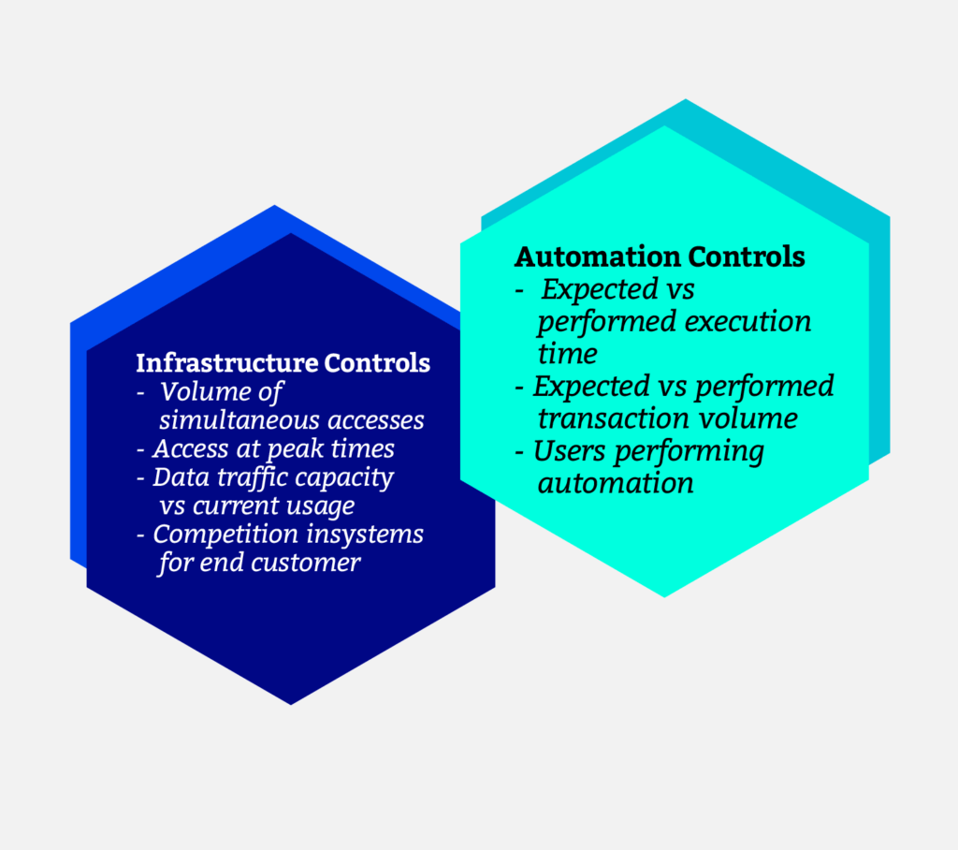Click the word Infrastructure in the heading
click(226, 362)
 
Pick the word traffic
click(232, 477)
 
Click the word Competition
click(225, 534)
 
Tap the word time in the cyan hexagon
click(568, 354)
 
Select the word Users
click(570, 450)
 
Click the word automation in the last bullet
click(616, 484)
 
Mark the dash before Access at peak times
click(141, 450)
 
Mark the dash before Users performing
click(520, 452)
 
